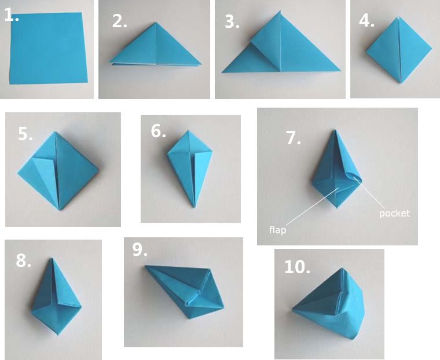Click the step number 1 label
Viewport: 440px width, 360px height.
click(x=12, y=15)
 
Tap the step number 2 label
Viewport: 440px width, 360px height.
click(x=119, y=21)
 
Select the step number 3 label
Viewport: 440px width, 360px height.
click(x=232, y=21)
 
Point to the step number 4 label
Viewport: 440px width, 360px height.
click(x=366, y=21)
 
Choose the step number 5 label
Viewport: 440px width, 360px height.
click(x=25, y=134)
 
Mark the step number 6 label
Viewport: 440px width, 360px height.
click(x=158, y=131)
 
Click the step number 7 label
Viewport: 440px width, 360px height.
click(x=294, y=138)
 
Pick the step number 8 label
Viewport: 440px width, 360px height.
click(x=23, y=260)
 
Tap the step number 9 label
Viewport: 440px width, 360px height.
click(x=140, y=249)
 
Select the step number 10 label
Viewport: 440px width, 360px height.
click(x=297, y=267)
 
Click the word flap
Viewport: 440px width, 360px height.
click(x=277, y=230)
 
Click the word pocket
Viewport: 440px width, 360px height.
click(x=394, y=214)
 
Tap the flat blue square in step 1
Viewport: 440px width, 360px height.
click(x=48, y=48)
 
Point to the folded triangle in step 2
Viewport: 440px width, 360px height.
click(x=155, y=46)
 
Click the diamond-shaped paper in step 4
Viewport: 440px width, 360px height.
click(x=399, y=50)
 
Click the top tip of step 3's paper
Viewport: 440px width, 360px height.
click(x=280, y=11)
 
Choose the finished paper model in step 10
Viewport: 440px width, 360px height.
click(x=329, y=303)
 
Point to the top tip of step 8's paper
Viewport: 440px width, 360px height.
click(x=52, y=259)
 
